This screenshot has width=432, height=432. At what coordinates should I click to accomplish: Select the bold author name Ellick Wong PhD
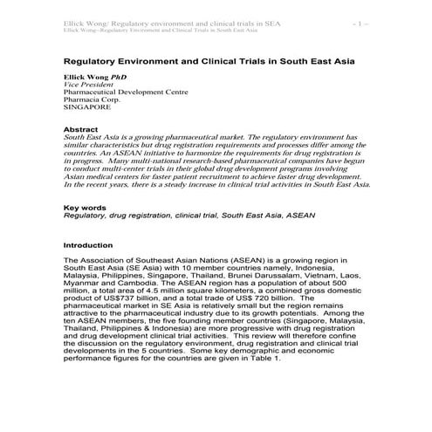click(x=91, y=77)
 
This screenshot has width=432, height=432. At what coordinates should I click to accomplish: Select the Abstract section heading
click(x=82, y=129)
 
